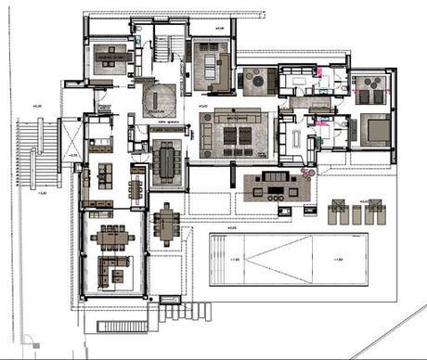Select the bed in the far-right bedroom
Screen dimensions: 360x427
tap(372, 127)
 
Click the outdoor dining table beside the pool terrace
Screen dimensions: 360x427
tap(167, 224)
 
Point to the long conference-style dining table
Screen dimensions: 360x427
tap(167, 163)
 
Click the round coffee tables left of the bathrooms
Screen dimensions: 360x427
tap(253, 83)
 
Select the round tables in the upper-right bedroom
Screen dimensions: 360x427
tap(370, 91)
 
